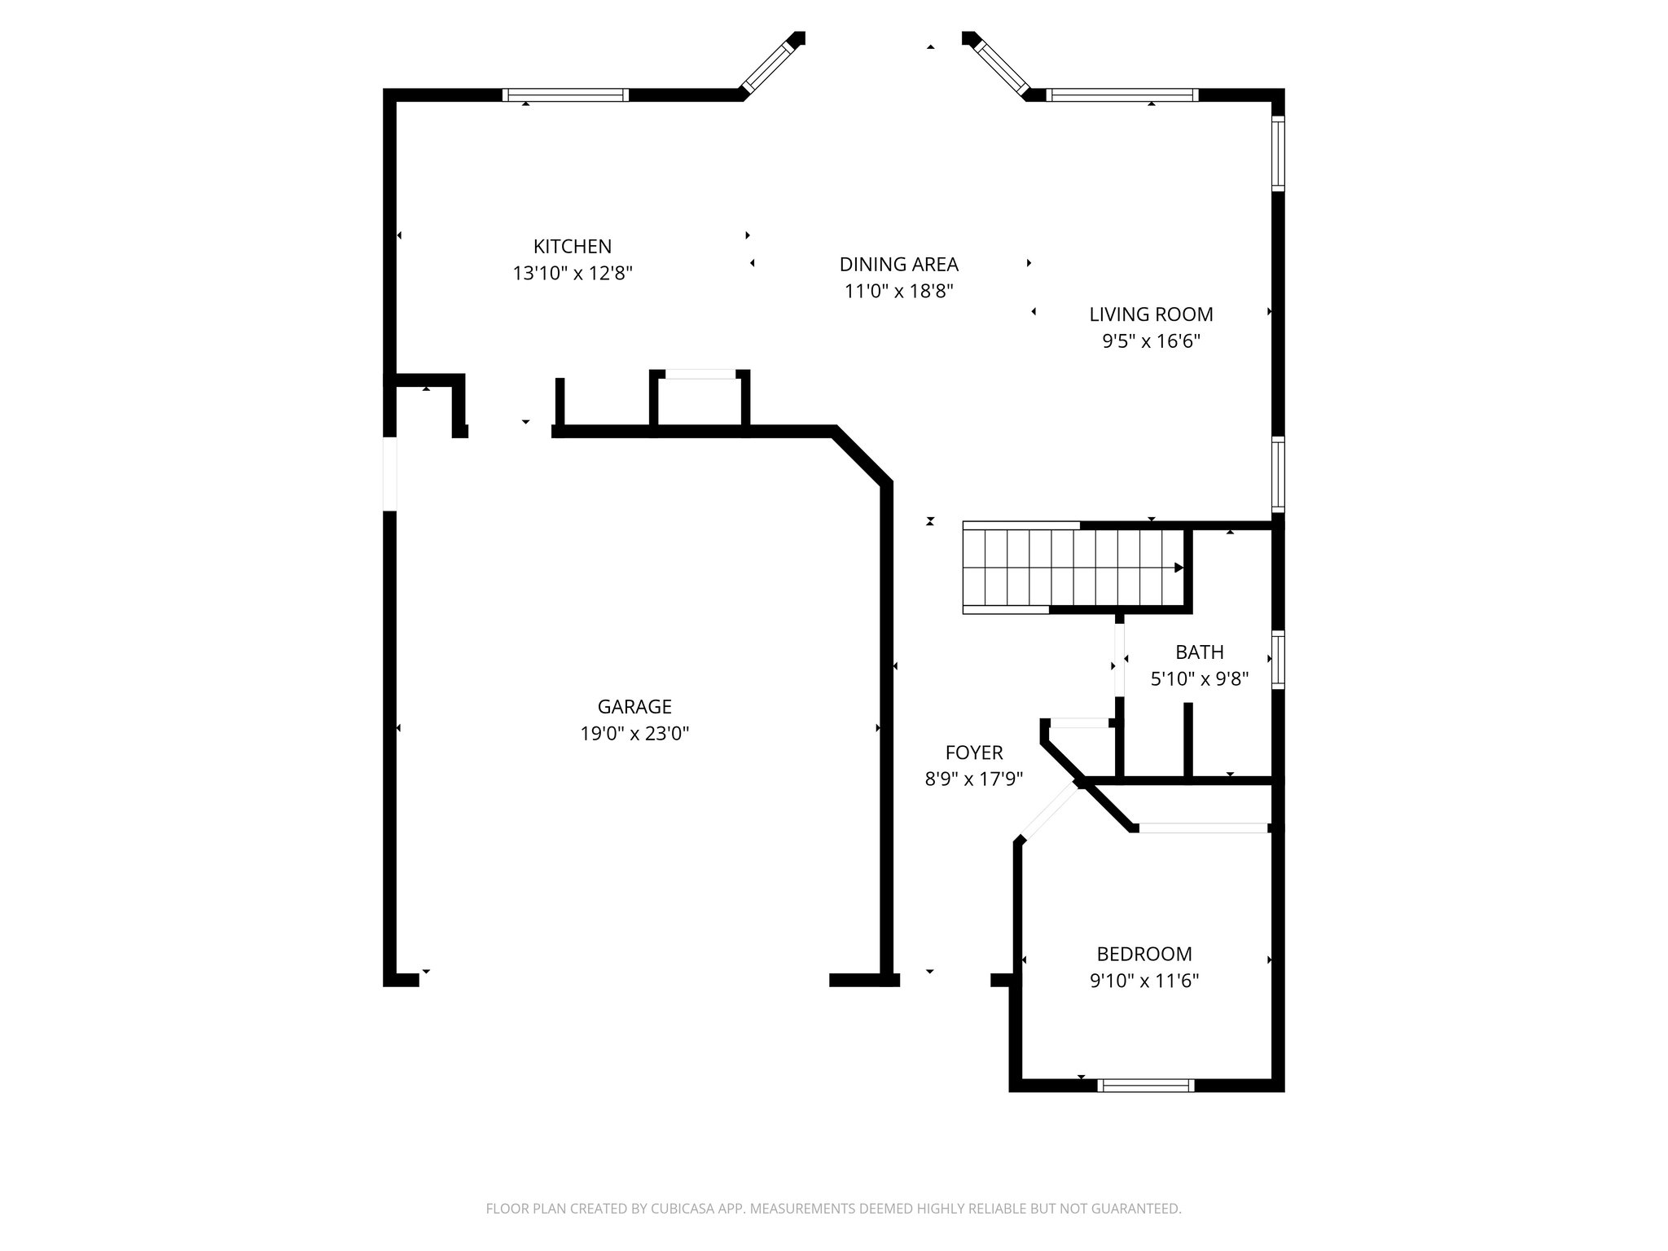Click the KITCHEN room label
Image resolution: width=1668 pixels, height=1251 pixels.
(x=572, y=246)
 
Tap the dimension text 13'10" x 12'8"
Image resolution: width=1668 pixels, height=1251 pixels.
(x=572, y=273)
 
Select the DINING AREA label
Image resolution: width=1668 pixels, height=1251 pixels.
(x=898, y=264)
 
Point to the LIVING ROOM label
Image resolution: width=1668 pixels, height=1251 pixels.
(x=1151, y=314)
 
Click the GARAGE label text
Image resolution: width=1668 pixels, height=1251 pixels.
(x=634, y=706)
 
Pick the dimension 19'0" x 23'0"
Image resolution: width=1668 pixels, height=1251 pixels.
(x=634, y=733)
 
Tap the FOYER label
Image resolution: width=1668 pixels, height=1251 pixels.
(x=973, y=752)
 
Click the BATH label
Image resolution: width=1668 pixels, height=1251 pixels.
(x=1199, y=652)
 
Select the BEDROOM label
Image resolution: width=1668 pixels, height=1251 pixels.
(x=1143, y=953)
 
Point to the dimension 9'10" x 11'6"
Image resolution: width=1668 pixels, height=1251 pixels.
(x=1143, y=980)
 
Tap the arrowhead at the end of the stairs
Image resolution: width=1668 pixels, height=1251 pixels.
(x=1178, y=568)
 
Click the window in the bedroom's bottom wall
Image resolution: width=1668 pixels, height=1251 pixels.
(x=1146, y=1085)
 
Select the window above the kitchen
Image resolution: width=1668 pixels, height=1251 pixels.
(x=565, y=95)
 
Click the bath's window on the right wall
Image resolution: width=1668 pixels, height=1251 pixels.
(x=1278, y=660)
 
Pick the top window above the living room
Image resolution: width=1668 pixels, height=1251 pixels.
(x=1122, y=95)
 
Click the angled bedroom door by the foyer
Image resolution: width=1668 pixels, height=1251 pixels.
(x=1049, y=811)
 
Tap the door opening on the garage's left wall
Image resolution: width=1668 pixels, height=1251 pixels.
(x=390, y=473)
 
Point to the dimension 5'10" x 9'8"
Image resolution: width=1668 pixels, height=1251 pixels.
(x=1199, y=678)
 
